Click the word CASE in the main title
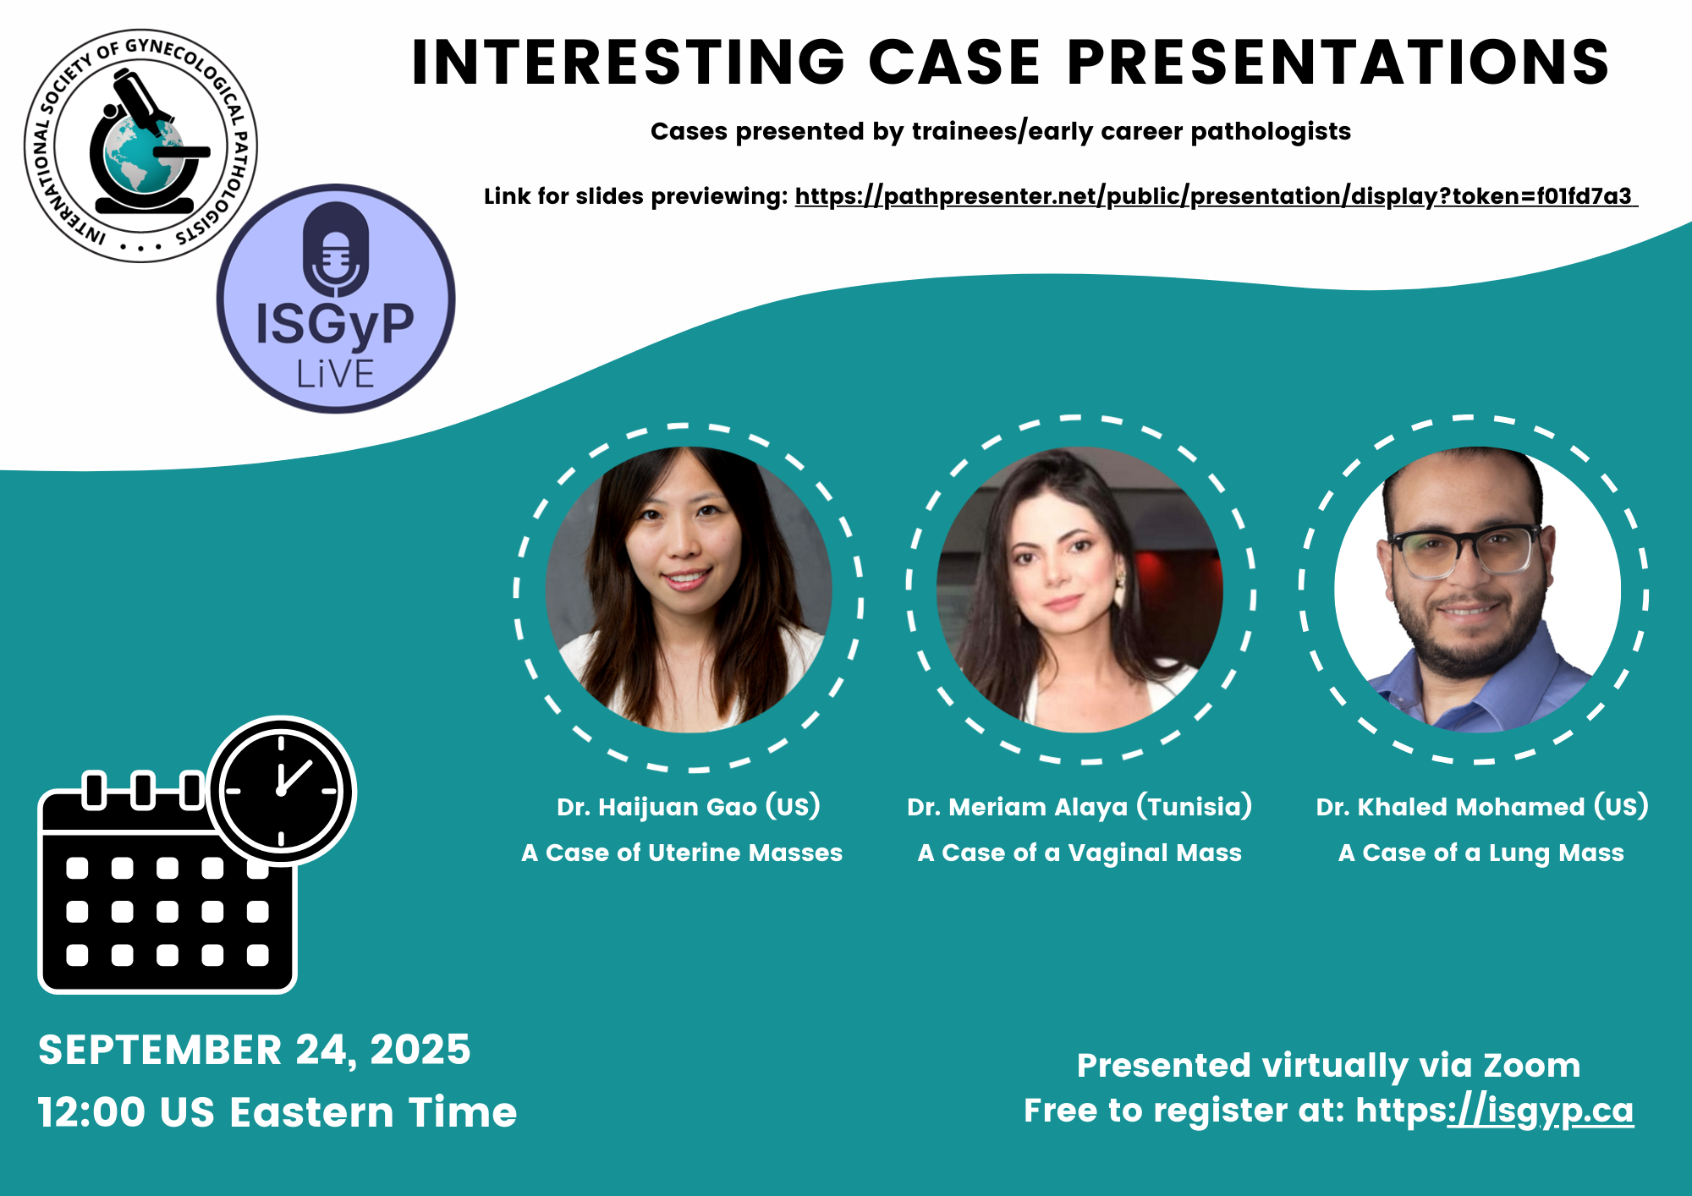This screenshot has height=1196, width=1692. (954, 63)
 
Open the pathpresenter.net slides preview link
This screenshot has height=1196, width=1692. (1216, 196)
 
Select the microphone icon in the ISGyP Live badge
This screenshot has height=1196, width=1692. (335, 249)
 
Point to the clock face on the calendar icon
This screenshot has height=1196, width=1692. (281, 791)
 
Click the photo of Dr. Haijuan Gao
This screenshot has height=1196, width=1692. (689, 590)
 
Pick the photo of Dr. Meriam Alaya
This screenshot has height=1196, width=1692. (1079, 590)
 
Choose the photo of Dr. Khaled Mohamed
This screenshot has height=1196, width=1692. (1477, 590)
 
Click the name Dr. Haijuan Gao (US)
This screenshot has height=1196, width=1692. (689, 806)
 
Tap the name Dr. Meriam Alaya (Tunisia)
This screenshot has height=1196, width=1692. (1079, 806)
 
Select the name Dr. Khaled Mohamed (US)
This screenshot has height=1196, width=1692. (1482, 806)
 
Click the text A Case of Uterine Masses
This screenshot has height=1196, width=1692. (682, 853)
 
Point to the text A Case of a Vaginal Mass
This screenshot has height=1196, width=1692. (1079, 853)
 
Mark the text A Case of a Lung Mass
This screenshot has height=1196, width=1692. (1481, 853)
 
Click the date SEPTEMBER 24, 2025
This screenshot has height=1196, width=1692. (254, 1051)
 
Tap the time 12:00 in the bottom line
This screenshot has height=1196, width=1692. (91, 1112)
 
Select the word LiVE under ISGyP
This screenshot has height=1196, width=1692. (335, 374)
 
